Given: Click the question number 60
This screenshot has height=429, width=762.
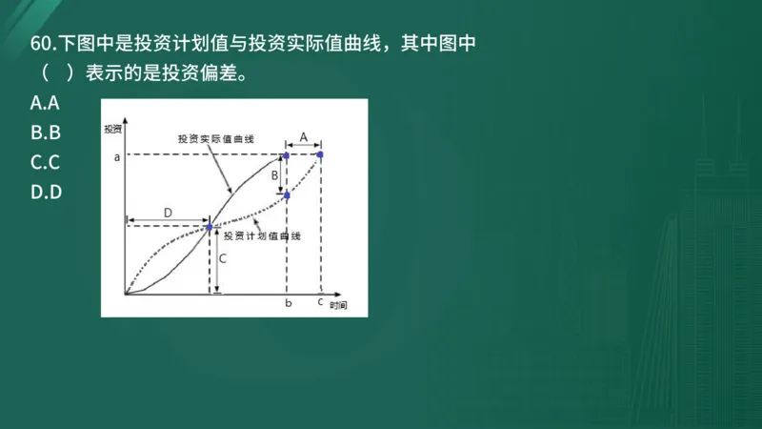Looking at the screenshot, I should pos(42,44).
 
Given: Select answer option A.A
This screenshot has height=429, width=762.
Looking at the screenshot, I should pos(45,102).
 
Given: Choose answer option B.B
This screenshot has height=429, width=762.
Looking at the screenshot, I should pos(45,133).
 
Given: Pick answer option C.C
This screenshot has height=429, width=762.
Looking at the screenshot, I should pos(45,162).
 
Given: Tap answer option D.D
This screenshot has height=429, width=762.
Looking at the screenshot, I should pos(46,193).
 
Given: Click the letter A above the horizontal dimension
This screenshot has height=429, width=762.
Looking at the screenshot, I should pos(303,137).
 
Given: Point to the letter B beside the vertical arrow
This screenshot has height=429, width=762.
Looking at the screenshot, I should pos(274,175).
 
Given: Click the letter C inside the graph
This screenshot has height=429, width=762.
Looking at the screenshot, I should pos(222,258).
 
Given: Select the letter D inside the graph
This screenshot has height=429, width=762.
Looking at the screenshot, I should pos(168,212).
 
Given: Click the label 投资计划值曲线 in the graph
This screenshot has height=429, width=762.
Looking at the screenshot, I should pos(262,235).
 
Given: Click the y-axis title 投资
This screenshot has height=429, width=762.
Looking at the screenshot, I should pos(113,128).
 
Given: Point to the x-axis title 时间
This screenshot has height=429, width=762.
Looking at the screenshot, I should pos(338,306).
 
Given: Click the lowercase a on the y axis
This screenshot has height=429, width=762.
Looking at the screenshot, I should pos(116,157).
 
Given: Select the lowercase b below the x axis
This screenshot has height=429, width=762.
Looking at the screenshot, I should pos(288,303).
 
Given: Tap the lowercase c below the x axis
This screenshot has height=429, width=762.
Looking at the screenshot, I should pos(320,302).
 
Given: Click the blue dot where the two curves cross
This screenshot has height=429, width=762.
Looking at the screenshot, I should pos(210,227).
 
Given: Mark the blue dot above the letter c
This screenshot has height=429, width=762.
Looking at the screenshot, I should pos(320,154).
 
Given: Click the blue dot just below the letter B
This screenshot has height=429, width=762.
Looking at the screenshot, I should pos(287,194).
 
